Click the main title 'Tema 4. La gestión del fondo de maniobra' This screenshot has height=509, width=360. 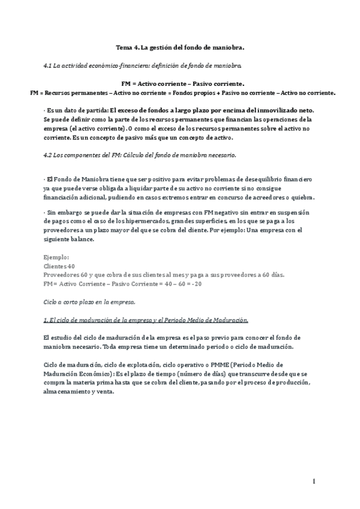pyautogui.click(x=180, y=46)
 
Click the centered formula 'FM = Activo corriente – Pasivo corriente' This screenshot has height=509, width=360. pyautogui.click(x=180, y=84)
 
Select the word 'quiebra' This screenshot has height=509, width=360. pyautogui.click(x=301, y=198)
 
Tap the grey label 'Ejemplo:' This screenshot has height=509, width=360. pyautogui.click(x=57, y=257)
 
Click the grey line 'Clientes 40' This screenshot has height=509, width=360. pyautogui.click(x=60, y=266)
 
